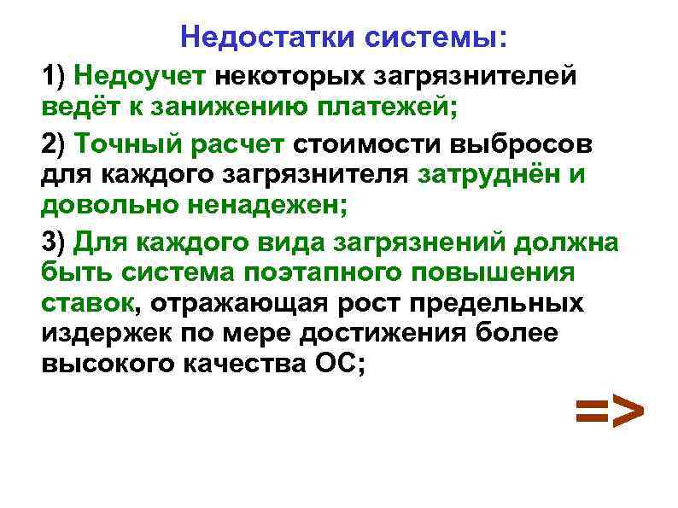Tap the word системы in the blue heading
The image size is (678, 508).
tap(436, 38)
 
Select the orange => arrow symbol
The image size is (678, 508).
tap(608, 412)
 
